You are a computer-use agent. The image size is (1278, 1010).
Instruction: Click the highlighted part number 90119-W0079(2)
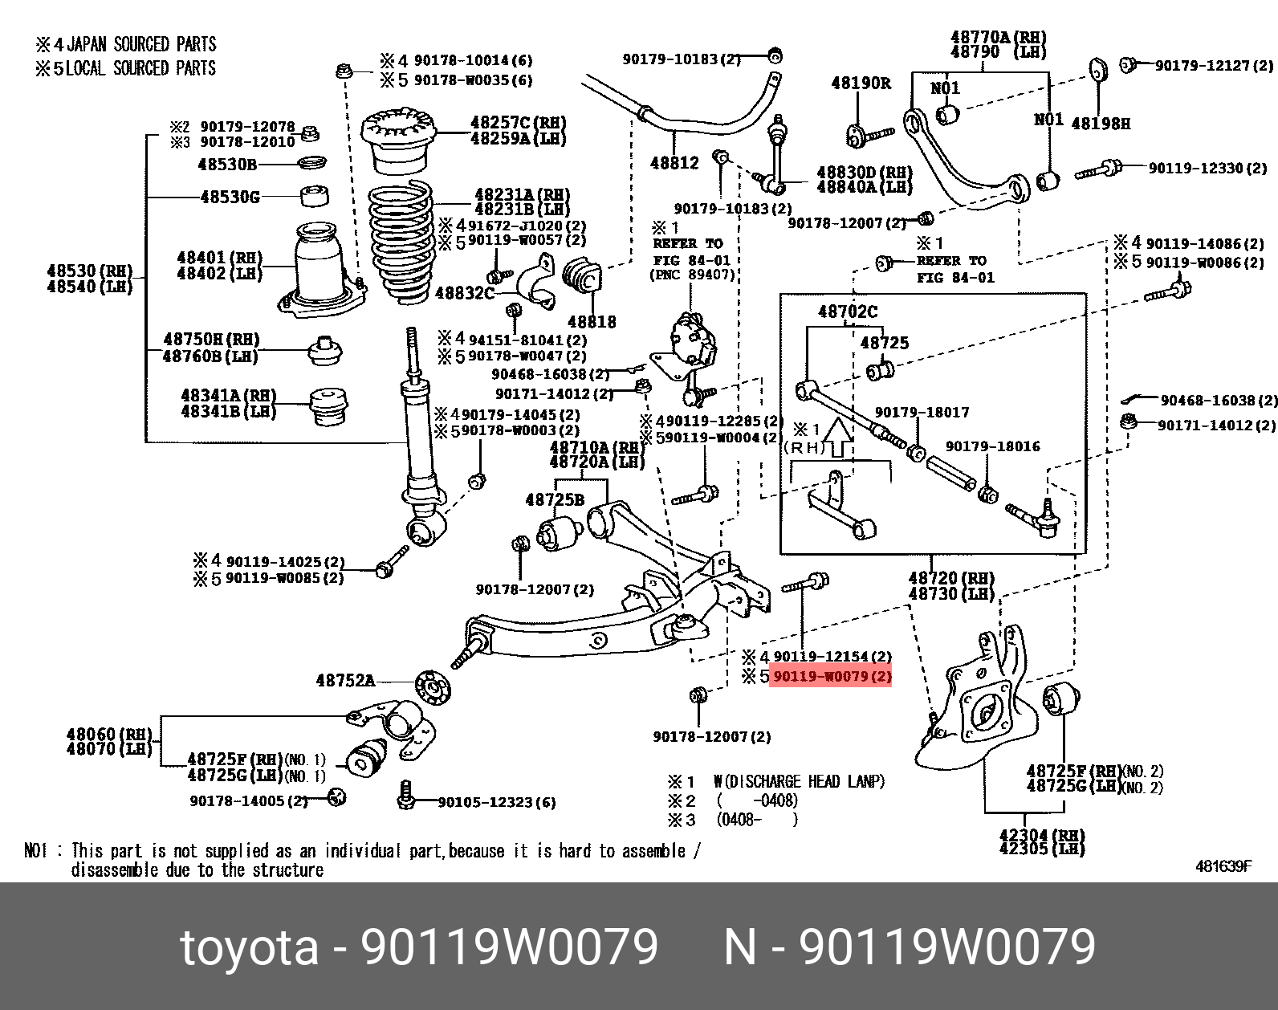coord(831,677)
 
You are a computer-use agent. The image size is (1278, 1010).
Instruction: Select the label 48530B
coord(227,165)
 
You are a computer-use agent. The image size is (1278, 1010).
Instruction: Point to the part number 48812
coord(674,163)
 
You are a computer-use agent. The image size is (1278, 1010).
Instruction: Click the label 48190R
coord(861,83)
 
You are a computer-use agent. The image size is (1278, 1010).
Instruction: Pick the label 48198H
coord(1101,124)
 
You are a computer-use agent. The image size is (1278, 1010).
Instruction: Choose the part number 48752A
coord(345,681)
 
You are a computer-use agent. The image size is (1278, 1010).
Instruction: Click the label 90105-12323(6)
coord(496,802)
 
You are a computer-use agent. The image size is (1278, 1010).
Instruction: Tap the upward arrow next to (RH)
coord(839,436)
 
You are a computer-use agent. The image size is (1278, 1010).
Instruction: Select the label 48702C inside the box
coord(848,312)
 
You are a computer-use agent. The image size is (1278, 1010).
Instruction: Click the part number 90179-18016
coord(992,446)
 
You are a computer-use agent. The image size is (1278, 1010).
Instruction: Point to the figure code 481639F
coord(1223,866)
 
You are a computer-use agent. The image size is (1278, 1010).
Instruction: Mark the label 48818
coord(592,321)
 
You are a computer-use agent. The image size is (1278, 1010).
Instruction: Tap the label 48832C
coord(464,293)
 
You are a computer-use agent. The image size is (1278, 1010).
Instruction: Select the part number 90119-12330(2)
coord(1207,168)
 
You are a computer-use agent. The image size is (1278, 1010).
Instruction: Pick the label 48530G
coord(230,197)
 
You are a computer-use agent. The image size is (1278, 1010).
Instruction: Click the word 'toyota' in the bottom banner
coord(250,947)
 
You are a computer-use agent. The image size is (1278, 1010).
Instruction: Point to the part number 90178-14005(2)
coord(249,801)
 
